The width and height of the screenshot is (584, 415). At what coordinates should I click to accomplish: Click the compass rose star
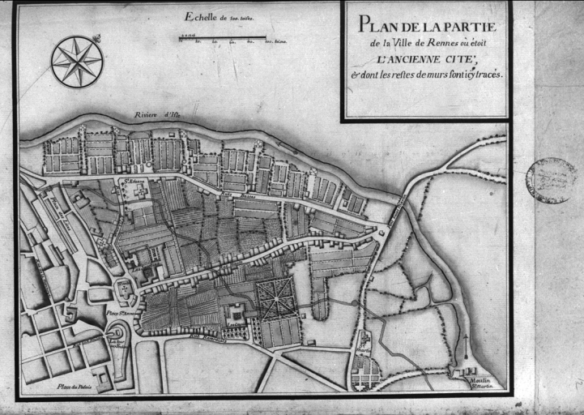click(77, 61)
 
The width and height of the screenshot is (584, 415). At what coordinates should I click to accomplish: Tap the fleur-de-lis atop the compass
click(96, 38)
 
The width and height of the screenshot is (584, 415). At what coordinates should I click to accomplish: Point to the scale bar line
click(222, 37)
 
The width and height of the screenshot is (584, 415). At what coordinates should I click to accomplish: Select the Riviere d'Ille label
click(157, 115)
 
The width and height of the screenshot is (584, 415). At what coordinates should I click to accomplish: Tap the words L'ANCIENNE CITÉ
click(420, 59)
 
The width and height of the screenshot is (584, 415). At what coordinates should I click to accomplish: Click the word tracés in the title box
click(484, 74)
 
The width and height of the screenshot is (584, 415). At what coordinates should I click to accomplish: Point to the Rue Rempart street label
click(208, 333)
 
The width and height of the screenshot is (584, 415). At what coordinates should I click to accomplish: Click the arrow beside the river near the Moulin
click(466, 340)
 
